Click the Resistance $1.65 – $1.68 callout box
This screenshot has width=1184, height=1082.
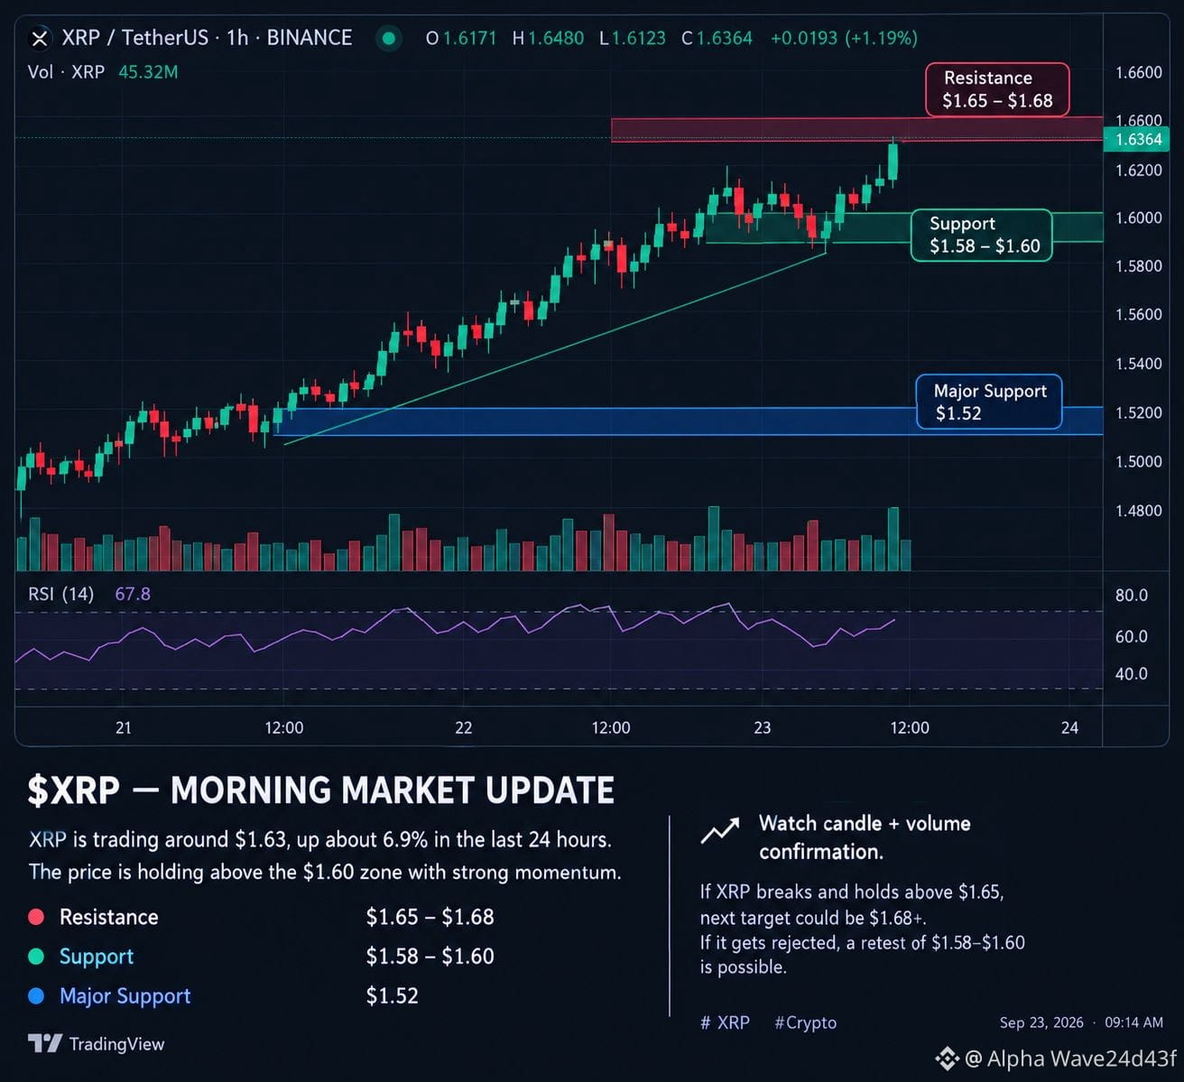coord(997,89)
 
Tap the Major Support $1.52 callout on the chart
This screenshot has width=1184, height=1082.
coord(989,402)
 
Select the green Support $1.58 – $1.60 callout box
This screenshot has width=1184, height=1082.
coord(982,235)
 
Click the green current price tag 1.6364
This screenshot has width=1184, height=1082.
coord(1136,139)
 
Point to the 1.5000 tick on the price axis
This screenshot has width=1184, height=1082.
coord(1139,461)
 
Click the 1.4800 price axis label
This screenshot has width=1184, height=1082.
coord(1139,510)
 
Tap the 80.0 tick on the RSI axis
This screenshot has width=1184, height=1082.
coord(1132,595)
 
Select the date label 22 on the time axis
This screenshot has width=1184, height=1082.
coord(463,727)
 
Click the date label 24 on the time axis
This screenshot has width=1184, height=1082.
coord(1069,727)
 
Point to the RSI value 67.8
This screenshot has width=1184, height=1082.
coord(133,593)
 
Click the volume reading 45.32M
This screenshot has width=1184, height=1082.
coord(148,72)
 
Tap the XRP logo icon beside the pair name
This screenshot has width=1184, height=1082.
coord(40,39)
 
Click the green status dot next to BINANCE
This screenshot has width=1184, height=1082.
coord(389,39)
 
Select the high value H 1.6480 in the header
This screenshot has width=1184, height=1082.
coord(548,39)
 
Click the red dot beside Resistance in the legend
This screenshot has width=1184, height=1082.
coord(36,917)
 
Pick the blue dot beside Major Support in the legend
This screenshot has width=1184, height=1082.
coord(36,995)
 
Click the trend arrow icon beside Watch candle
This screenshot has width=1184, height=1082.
coord(720,830)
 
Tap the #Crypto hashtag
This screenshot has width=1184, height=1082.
coord(805,1022)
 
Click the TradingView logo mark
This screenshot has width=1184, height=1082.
coord(45,1043)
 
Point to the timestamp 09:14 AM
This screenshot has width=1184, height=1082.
coord(1133,1022)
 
